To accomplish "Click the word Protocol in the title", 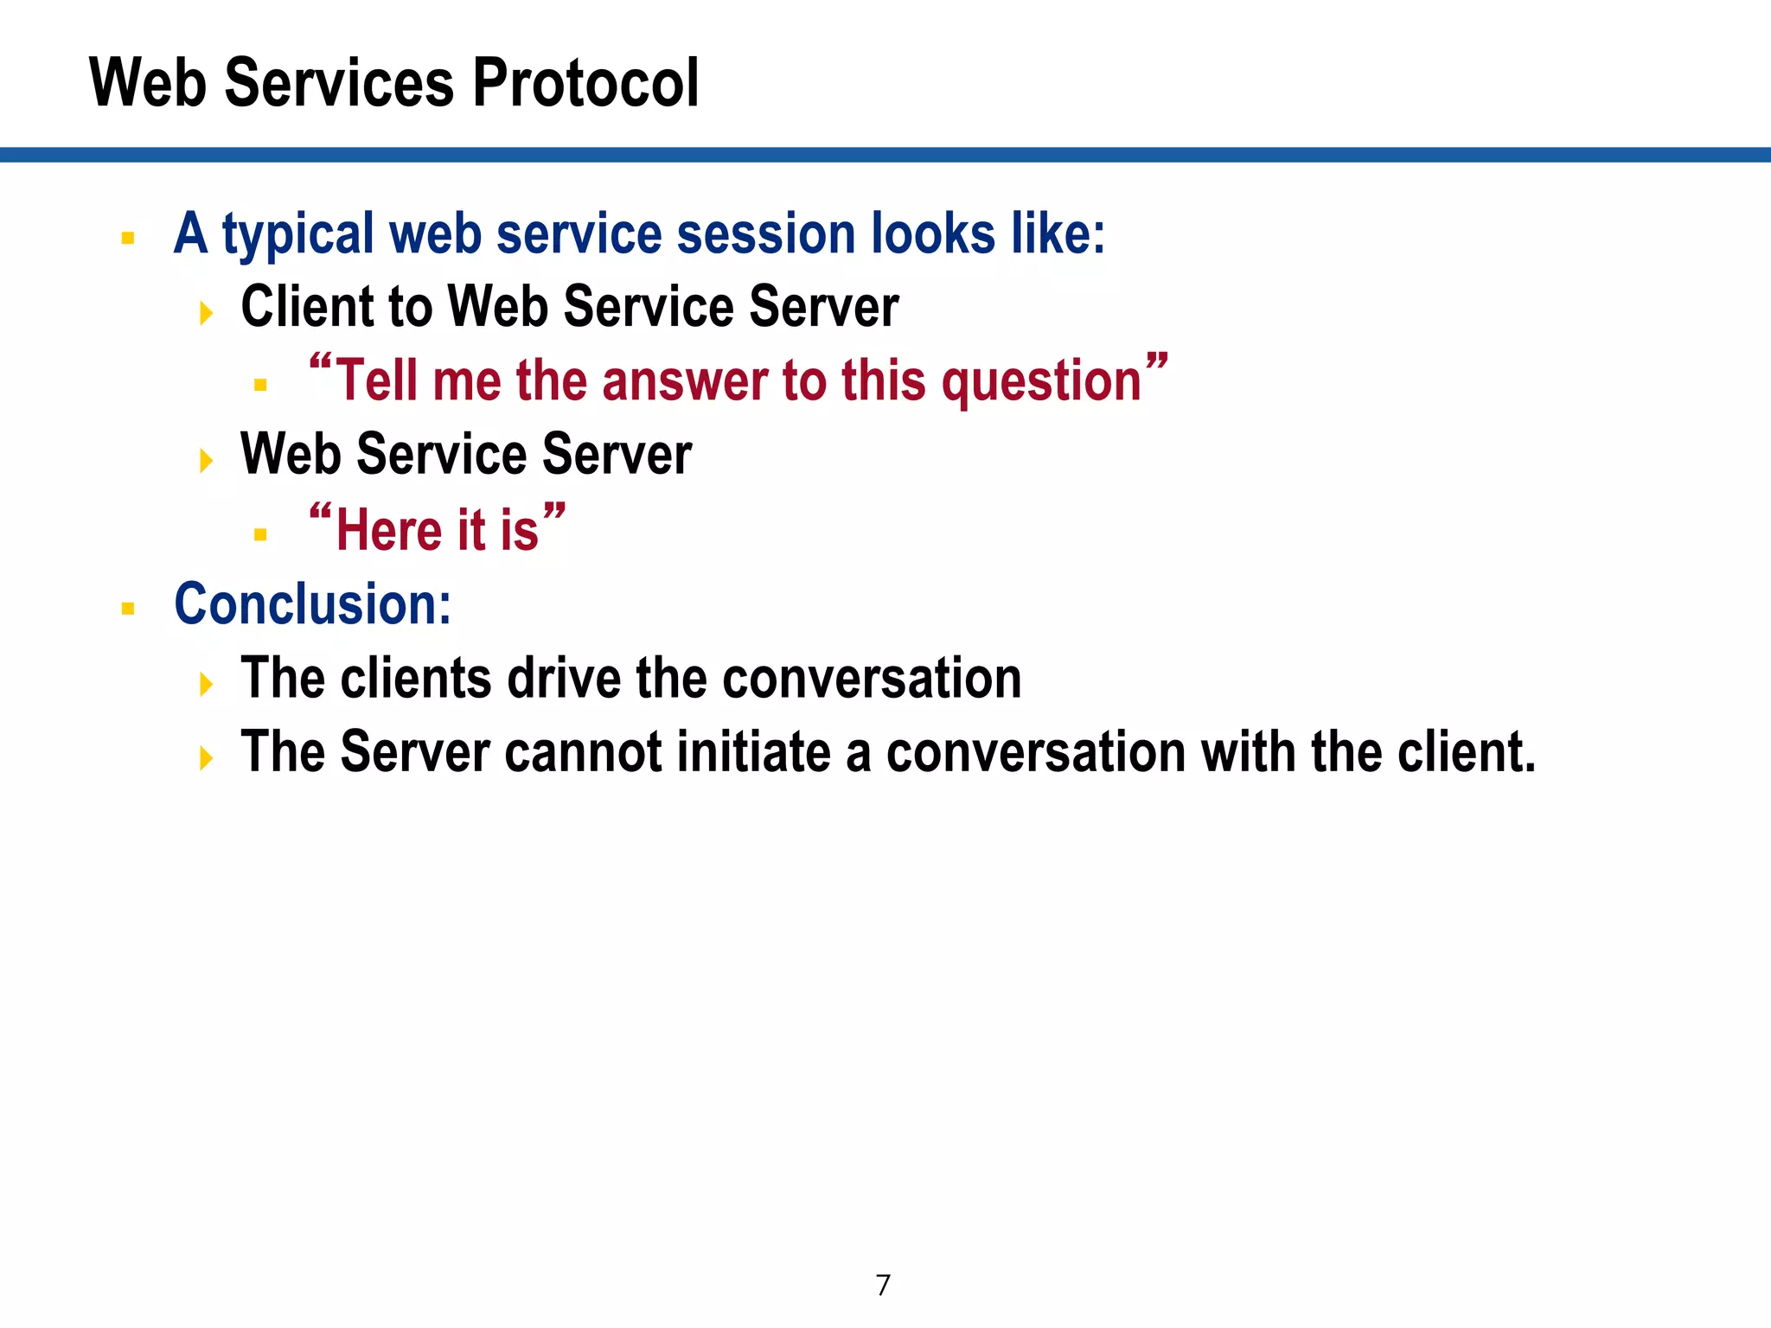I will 585,84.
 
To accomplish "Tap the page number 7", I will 883,1286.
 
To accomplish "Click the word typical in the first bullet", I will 300,235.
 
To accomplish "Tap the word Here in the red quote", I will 388,530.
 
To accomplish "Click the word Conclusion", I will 312,603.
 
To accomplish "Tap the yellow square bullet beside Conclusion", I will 128,609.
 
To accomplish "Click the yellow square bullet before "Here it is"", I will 260,535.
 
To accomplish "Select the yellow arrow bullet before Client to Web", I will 206,313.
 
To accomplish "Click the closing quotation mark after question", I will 1157,361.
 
